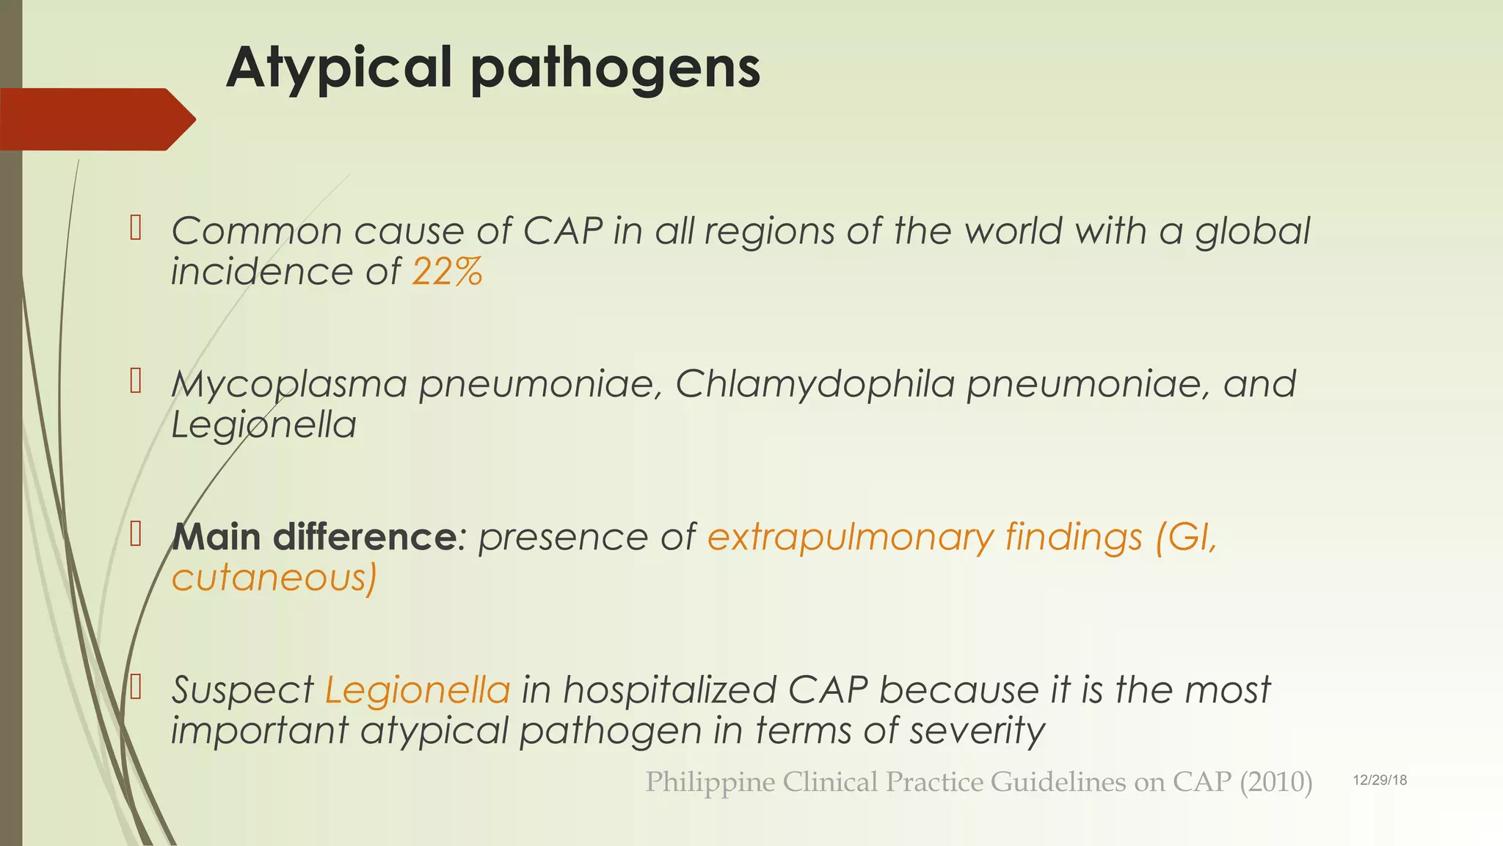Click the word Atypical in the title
click(338, 68)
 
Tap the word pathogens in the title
click(615, 68)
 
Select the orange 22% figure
click(447, 272)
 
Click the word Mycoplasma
click(289, 384)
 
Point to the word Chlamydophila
click(815, 384)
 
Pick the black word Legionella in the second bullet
click(263, 424)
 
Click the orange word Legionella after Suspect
click(417, 690)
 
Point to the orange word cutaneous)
click(274, 578)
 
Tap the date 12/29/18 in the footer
click(1380, 780)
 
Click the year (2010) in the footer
click(1275, 782)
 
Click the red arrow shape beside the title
click(95, 119)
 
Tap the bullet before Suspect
click(135, 687)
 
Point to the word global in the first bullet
click(1252, 231)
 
